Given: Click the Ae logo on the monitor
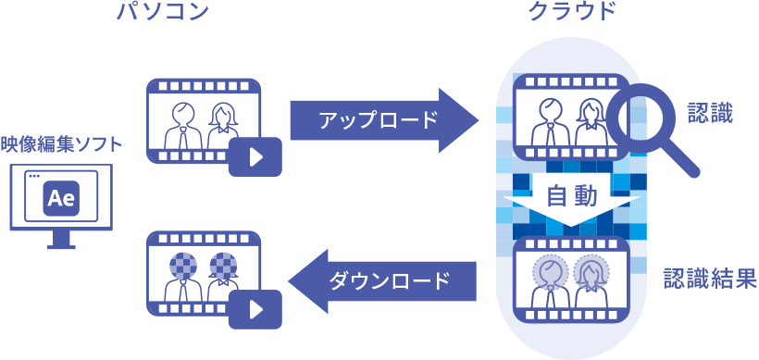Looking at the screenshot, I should [60, 197].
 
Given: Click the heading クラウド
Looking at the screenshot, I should [571, 12].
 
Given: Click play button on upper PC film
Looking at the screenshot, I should [256, 157].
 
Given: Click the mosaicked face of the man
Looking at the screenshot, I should [181, 266].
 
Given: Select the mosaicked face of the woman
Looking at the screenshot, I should [225, 266].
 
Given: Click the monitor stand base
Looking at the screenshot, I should [61, 246].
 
